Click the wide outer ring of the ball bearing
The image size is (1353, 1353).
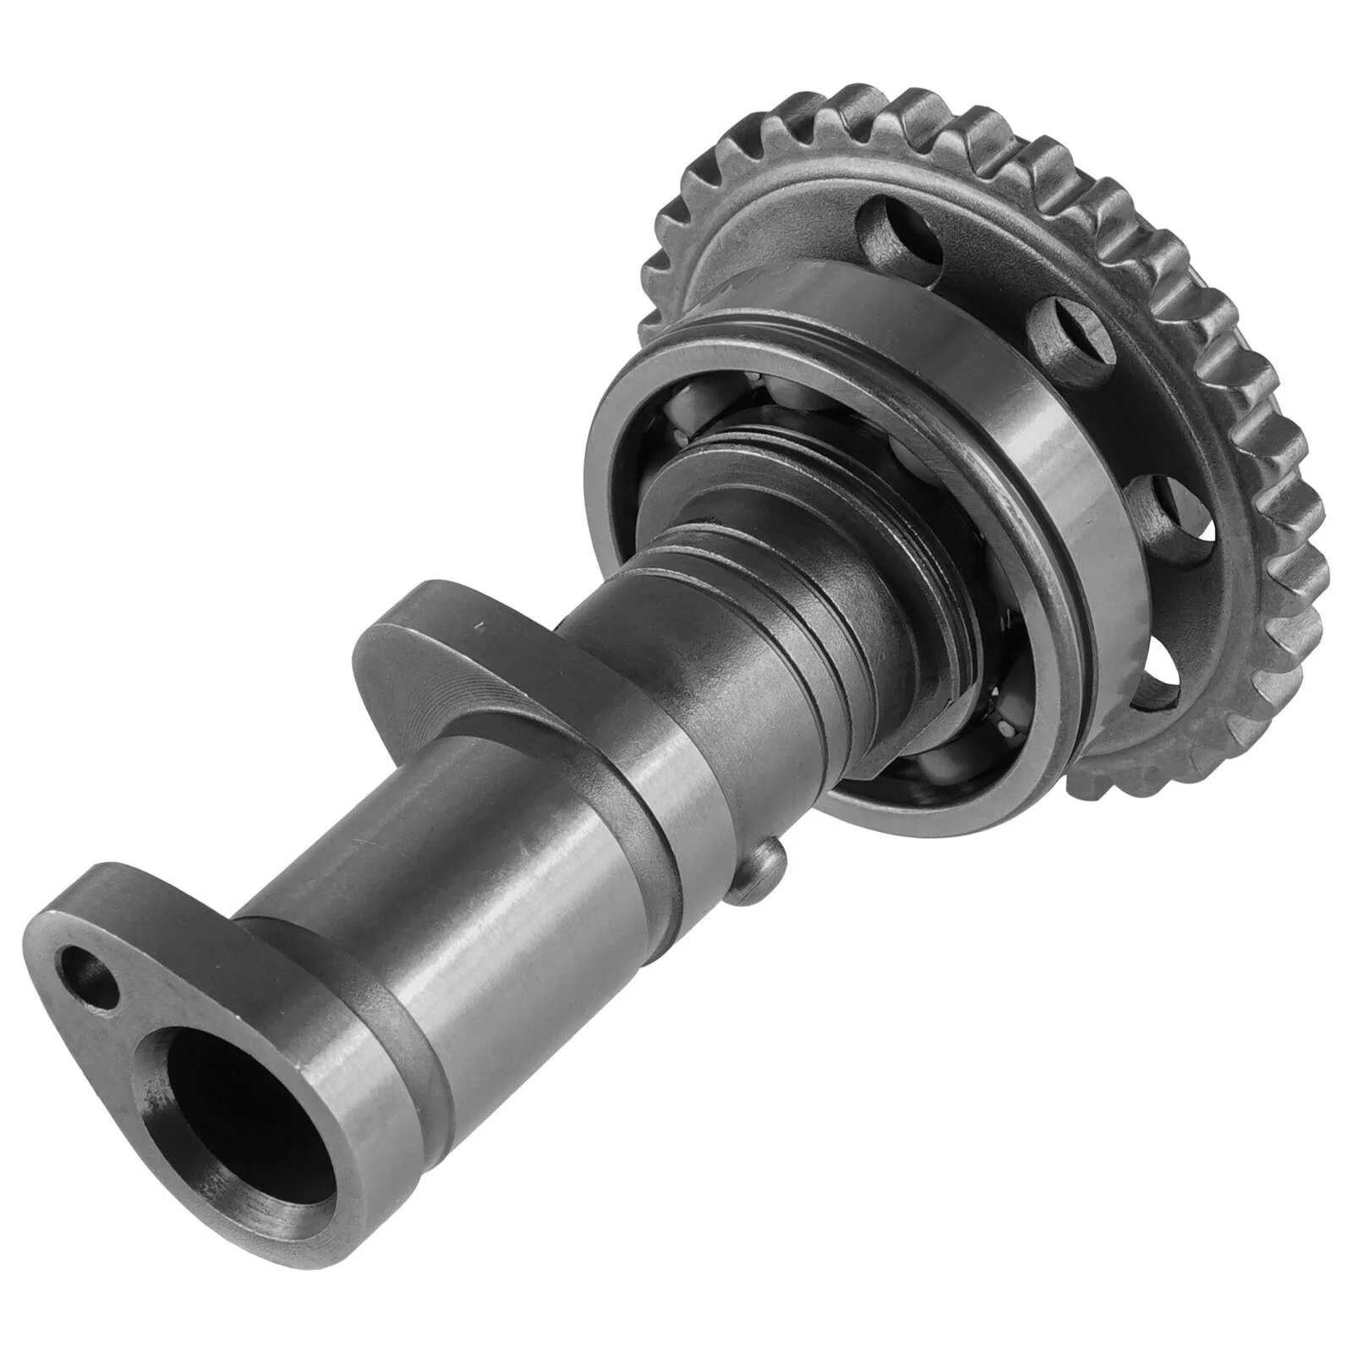coord(998,474)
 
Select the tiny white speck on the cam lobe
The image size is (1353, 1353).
coord(479,628)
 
